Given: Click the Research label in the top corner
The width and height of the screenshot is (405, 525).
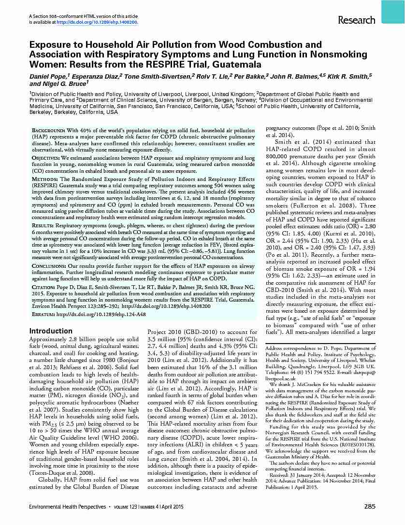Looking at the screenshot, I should pos(356,20).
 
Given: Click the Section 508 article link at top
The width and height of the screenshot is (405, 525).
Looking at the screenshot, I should pos(97,22).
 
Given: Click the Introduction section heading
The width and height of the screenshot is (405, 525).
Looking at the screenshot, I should pos(51,331).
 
